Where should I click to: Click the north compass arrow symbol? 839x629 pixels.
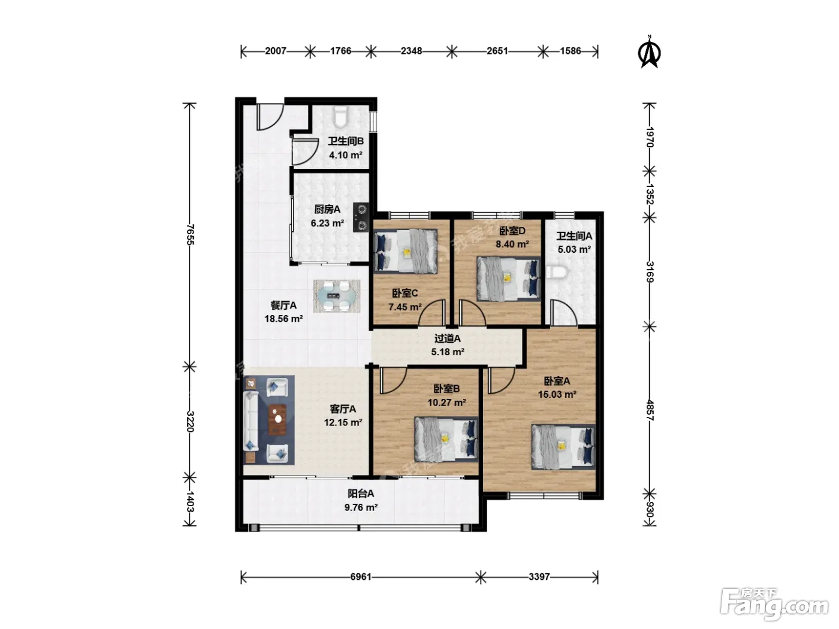[x=649, y=52]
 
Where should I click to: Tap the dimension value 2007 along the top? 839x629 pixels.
[x=275, y=51]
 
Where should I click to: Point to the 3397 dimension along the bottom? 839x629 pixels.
[x=539, y=576]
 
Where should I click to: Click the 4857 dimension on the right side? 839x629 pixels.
[x=650, y=410]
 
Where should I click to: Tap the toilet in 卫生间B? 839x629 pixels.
[x=340, y=117]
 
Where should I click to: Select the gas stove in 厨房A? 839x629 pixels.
[x=361, y=217]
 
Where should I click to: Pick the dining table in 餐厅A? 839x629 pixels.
[x=337, y=296]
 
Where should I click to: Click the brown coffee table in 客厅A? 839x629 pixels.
[x=277, y=420]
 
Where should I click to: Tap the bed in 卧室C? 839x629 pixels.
[x=405, y=251]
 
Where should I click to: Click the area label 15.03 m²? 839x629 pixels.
[x=557, y=395]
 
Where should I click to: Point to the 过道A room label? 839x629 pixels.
[x=447, y=338]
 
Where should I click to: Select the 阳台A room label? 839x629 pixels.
[x=361, y=494]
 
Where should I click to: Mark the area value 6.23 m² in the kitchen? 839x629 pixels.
[x=327, y=223]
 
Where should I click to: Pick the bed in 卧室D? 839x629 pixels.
[x=508, y=279]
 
